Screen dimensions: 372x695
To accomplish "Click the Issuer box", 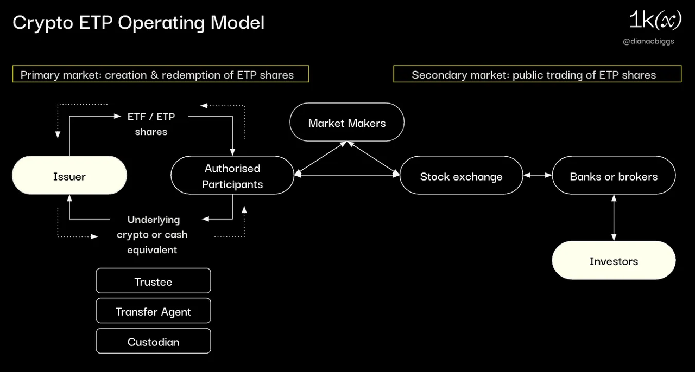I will [x=69, y=176].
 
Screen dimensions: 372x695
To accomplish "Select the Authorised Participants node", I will [x=232, y=176].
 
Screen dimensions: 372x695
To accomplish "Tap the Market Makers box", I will [x=347, y=123].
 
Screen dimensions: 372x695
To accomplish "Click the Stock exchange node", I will [x=461, y=176].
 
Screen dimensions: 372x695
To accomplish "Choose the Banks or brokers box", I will [x=614, y=176].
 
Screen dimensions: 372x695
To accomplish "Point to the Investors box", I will [x=614, y=261].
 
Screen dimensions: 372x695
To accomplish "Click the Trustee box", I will [x=153, y=281].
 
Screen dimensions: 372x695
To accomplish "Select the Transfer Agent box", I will [x=153, y=311].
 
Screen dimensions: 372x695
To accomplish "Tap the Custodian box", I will [x=153, y=342].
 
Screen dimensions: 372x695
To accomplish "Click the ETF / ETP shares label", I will [x=151, y=124].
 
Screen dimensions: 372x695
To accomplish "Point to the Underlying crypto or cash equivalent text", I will [x=152, y=234].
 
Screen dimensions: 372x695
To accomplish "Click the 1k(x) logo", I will [x=654, y=21].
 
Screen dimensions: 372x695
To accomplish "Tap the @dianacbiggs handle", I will [x=648, y=41].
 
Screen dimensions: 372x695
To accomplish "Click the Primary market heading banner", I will [x=161, y=74].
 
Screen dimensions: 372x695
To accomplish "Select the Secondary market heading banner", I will [x=537, y=74].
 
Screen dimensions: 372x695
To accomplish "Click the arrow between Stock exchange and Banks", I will [x=538, y=175].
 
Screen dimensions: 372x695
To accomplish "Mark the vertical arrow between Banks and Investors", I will [x=614, y=217].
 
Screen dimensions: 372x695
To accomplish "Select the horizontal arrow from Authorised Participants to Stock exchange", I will [x=347, y=175].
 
